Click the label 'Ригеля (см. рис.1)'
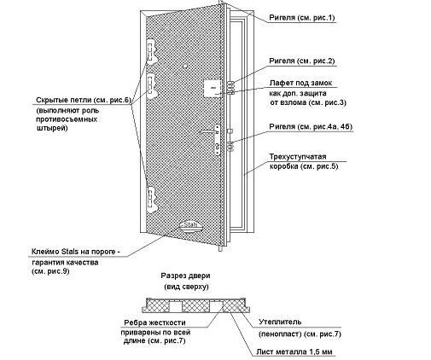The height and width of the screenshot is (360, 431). (302, 18)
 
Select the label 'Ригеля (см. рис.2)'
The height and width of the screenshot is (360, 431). (302, 61)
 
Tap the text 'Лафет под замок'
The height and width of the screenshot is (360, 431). (300, 83)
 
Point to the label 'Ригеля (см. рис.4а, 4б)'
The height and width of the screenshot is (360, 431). (311, 126)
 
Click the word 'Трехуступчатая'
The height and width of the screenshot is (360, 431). (298, 157)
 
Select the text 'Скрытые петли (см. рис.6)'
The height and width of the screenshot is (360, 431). (84, 100)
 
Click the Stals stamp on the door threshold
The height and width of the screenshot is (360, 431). (190, 225)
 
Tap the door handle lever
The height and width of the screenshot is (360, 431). (209, 131)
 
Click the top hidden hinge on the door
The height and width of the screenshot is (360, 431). (151, 52)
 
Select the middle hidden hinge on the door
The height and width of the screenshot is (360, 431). (151, 85)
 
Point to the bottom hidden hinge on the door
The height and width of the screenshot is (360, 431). (151, 200)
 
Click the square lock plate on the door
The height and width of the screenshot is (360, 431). (213, 89)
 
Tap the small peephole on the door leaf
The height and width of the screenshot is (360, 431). (185, 67)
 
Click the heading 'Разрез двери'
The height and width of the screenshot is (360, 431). (186, 276)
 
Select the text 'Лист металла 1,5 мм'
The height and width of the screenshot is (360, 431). (294, 351)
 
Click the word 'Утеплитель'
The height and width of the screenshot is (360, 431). (280, 322)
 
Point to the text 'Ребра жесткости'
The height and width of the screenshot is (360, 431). (154, 322)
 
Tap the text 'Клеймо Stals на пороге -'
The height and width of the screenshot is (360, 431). (76, 252)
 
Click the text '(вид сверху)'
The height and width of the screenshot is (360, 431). (186, 287)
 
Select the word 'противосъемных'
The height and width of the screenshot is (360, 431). (67, 119)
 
